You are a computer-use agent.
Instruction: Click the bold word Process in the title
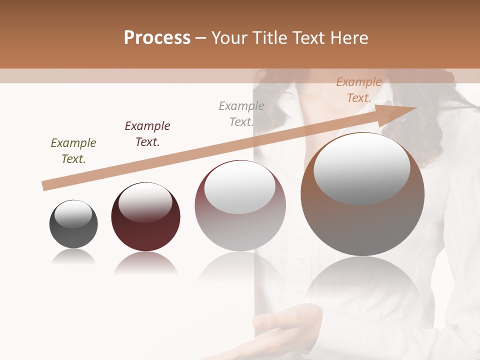coord(157,37)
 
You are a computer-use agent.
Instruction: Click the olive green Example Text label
coord(73,151)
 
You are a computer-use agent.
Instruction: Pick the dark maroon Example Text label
coord(147,134)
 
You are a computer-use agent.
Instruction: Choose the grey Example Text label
coord(241,114)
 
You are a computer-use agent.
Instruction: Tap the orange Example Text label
coord(359,90)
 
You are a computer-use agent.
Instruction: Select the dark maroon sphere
coord(145,230)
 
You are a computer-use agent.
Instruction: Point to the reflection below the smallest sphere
coord(73,257)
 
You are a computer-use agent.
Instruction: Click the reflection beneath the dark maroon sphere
coord(145,263)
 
